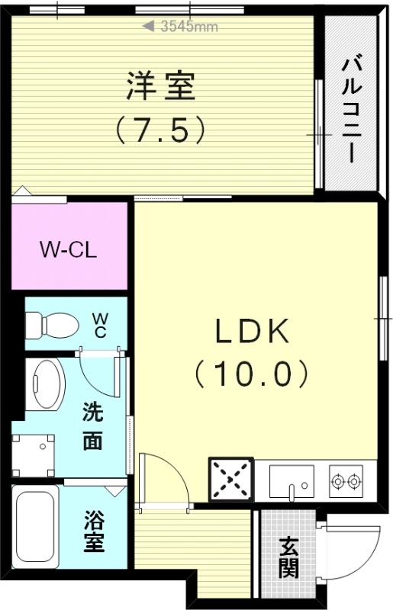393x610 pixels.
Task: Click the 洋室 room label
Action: coord(161,86)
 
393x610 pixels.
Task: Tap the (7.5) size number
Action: coord(161,130)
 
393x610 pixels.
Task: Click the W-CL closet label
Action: coord(68,250)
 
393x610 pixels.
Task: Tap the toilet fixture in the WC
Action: coord(52,326)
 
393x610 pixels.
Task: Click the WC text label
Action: coord(100,324)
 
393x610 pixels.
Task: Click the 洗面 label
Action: coord(93,427)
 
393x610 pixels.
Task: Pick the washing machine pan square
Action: coord(34,455)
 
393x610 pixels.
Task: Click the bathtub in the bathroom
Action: coord(37,527)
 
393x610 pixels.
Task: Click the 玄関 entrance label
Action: coord(288,557)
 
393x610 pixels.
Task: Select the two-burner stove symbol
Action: coord(347,481)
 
